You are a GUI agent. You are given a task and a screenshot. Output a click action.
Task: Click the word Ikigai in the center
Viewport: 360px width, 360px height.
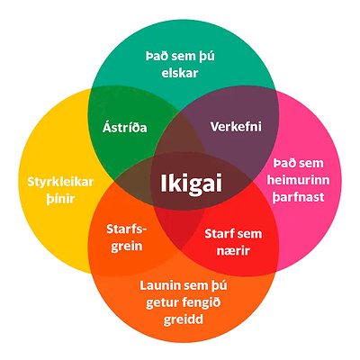point(192,183)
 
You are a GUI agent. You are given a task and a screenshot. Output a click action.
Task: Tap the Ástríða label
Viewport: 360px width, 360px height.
point(125,127)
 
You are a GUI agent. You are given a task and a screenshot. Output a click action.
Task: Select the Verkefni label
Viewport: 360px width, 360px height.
point(236,127)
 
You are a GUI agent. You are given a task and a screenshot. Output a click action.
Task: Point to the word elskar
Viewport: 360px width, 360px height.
point(180,73)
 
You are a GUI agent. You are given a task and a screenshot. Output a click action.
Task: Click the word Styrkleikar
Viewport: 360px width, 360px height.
point(60,182)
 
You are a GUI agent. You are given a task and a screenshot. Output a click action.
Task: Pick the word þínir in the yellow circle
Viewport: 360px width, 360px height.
point(60,199)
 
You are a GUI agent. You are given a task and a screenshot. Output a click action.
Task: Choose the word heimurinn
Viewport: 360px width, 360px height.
point(298,180)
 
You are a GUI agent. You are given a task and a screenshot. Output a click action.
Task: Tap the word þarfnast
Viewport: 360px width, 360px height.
point(298,198)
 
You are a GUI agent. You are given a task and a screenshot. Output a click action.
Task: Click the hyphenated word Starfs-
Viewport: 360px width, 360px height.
point(127,229)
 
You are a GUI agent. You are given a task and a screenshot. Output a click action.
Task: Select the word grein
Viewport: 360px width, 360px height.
point(127,247)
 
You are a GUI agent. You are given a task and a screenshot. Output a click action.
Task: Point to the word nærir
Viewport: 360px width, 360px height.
point(233,251)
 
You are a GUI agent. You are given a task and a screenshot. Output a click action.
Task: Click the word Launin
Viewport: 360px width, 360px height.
point(159,285)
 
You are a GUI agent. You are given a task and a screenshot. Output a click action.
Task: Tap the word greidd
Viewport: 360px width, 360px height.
point(184,319)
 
